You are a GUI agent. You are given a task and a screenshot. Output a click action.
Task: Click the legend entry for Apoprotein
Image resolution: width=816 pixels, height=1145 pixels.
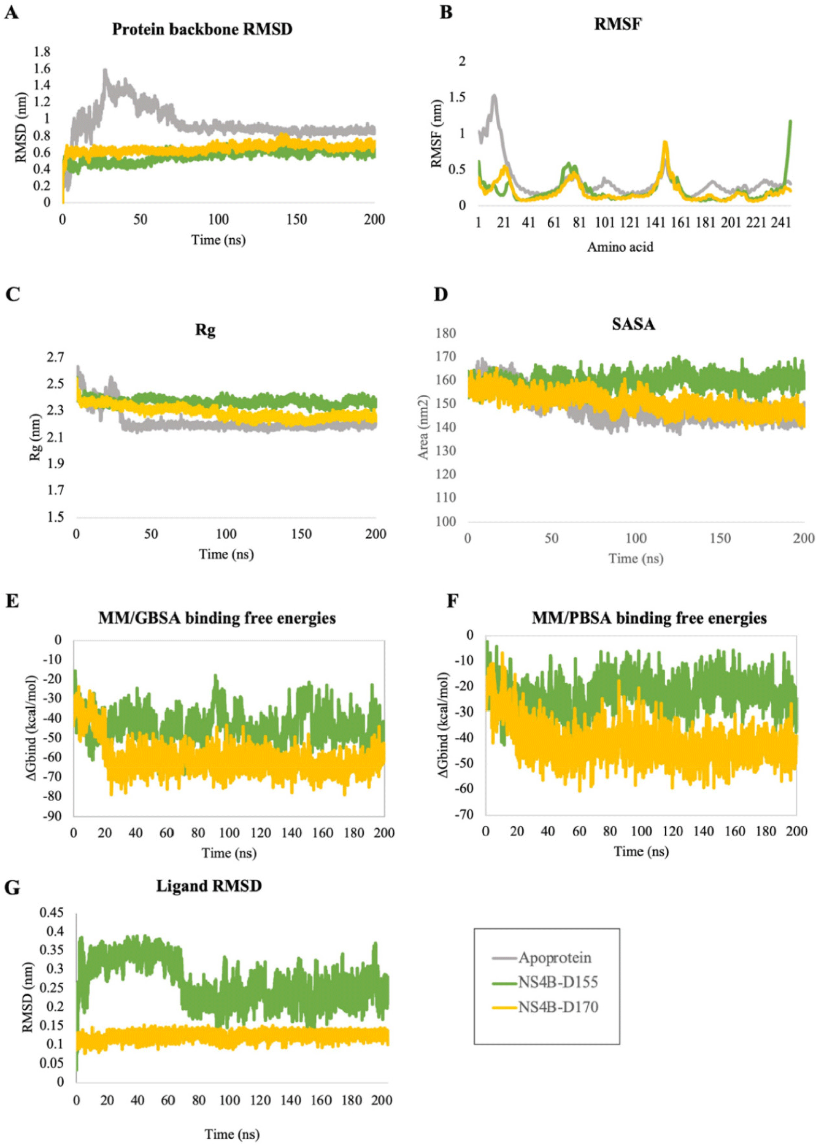pyautogui.click(x=554, y=958)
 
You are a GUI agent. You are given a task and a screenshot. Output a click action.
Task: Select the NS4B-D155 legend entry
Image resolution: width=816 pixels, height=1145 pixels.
pyautogui.click(x=557, y=982)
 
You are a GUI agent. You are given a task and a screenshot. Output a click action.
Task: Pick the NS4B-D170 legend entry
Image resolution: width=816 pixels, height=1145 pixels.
pyautogui.click(x=557, y=1007)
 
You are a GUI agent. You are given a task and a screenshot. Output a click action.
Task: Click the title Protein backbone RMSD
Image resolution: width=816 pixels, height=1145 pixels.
pyautogui.click(x=202, y=29)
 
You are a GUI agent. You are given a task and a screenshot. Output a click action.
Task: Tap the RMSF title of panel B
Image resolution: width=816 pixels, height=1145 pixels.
pyautogui.click(x=618, y=25)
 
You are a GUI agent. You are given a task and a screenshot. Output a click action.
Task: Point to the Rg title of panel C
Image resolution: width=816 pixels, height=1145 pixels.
pyautogui.click(x=206, y=330)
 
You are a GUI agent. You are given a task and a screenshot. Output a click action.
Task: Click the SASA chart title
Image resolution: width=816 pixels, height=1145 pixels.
pyautogui.click(x=633, y=324)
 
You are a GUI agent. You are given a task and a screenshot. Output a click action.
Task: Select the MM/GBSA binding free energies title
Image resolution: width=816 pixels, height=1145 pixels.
pyautogui.click(x=217, y=618)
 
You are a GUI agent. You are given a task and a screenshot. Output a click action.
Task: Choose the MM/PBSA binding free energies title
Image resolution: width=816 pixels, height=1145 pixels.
pyautogui.click(x=649, y=618)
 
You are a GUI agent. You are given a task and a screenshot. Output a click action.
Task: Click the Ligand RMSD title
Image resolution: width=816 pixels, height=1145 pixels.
pyautogui.click(x=209, y=886)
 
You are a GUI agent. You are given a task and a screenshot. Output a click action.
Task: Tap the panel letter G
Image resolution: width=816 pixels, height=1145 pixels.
pyautogui.click(x=12, y=888)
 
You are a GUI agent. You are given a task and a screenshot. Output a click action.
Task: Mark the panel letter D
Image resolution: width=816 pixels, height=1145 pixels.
pyautogui.click(x=441, y=295)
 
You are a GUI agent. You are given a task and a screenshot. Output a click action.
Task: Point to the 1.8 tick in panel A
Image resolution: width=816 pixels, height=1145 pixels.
pyautogui.click(x=42, y=52)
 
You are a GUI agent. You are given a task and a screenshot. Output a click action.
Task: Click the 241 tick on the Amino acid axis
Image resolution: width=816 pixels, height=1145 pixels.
pyautogui.click(x=781, y=222)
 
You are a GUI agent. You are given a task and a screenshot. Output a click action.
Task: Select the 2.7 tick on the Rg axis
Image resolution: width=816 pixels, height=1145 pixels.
pyautogui.click(x=55, y=357)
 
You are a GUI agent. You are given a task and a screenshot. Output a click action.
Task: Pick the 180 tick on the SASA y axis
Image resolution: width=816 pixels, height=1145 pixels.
pyautogui.click(x=446, y=333)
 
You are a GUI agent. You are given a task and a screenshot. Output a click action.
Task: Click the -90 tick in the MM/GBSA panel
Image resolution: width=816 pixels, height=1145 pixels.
pyautogui.click(x=52, y=816)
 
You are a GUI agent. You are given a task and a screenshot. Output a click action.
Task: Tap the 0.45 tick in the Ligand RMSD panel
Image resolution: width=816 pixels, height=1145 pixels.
pyautogui.click(x=52, y=912)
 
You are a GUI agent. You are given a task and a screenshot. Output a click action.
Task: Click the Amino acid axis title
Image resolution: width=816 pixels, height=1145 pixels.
pyautogui.click(x=620, y=247)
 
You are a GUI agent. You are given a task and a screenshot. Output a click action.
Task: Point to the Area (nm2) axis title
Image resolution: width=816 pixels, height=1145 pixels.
pyautogui.click(x=423, y=428)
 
